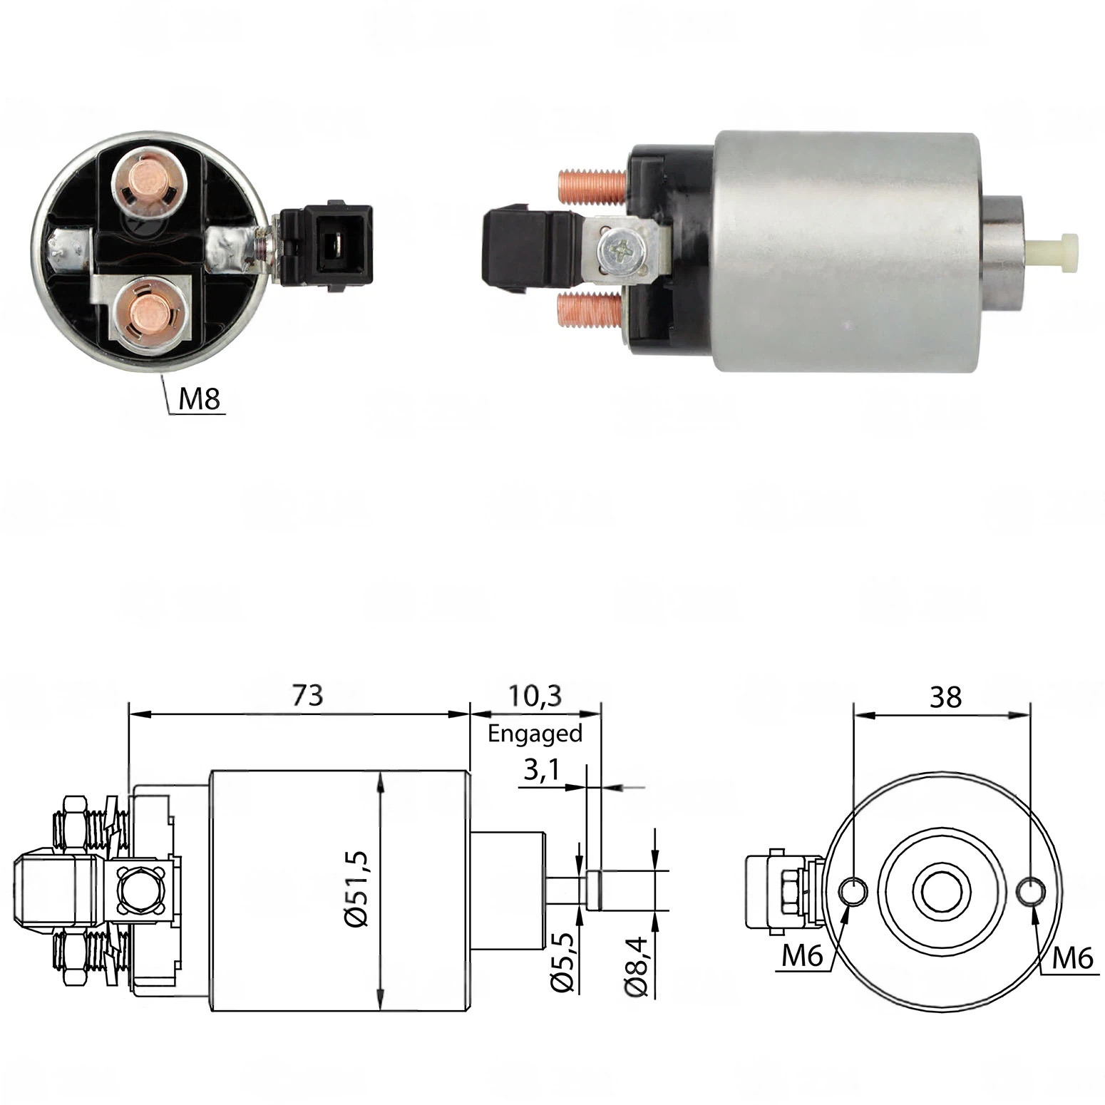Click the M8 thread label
pyautogui.click(x=200, y=399)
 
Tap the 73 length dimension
pyautogui.click(x=308, y=695)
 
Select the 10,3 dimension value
pyautogui.click(x=535, y=695)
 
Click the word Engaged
pyautogui.click(x=535, y=733)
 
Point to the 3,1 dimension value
pyautogui.click(x=540, y=770)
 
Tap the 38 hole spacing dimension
pyautogui.click(x=945, y=697)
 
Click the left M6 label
pyautogui.click(x=803, y=956)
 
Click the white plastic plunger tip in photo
pyautogui.click(x=1056, y=252)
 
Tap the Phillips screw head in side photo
pyautogui.click(x=616, y=250)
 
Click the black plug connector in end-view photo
pyautogui.click(x=327, y=246)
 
